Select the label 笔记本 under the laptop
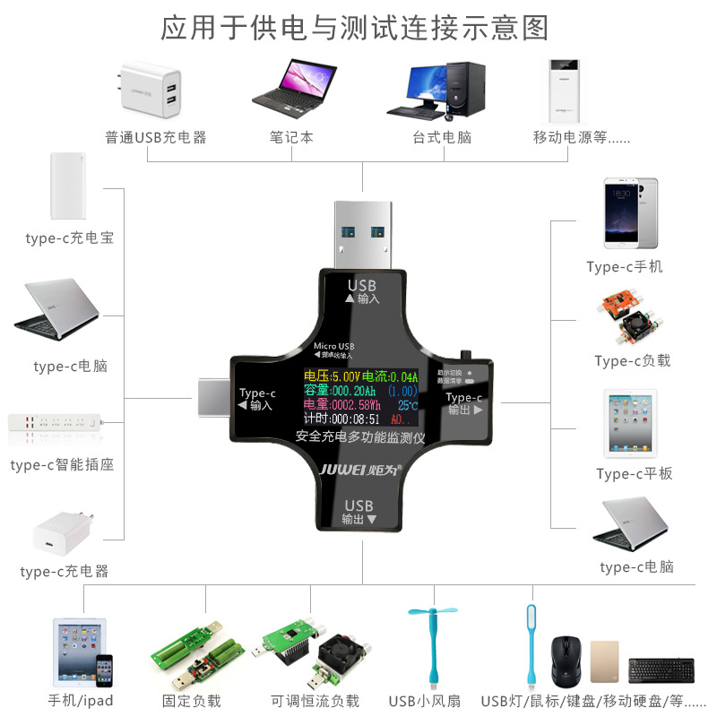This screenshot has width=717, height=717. (291, 138)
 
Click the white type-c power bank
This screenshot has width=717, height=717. (68, 186)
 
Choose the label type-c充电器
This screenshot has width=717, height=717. (64, 571)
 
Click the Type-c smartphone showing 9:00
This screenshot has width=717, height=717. (631, 213)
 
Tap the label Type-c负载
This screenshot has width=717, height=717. (632, 361)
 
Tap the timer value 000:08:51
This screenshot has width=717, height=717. (355, 419)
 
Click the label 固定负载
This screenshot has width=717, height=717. (191, 701)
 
